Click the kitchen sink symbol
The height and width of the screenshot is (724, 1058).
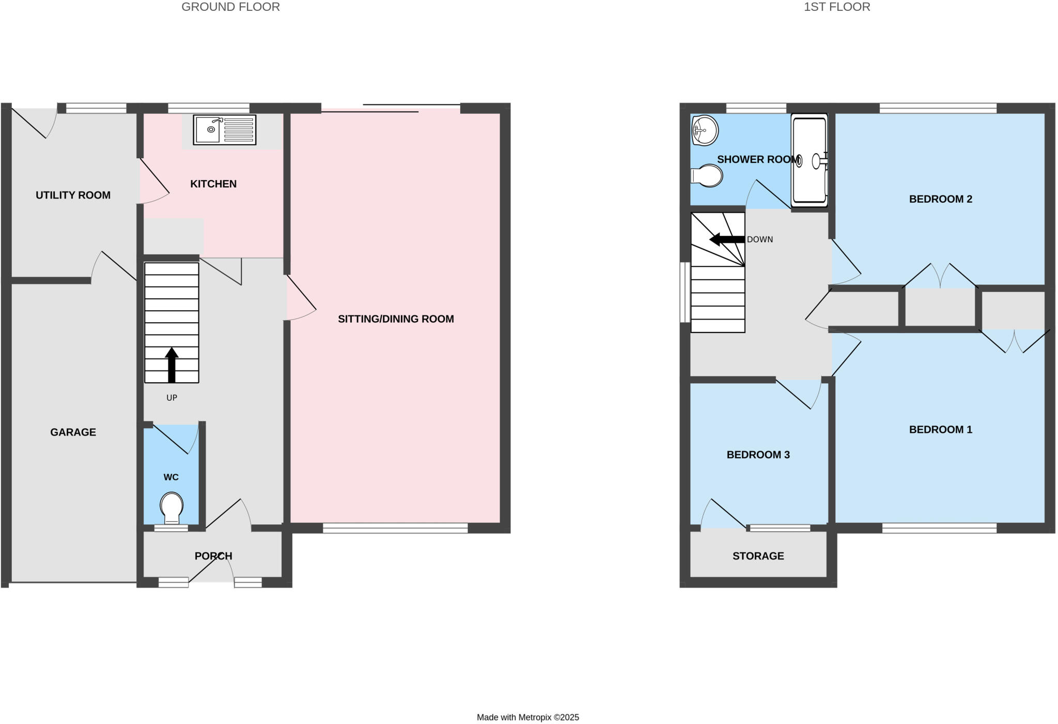(x=225, y=130)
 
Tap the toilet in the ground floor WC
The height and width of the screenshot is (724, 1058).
(x=172, y=507)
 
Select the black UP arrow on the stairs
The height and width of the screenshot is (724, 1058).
(x=172, y=365)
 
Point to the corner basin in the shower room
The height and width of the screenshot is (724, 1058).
(x=705, y=129)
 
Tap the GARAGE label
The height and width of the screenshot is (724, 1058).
(x=73, y=432)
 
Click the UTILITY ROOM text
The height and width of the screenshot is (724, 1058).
(x=73, y=195)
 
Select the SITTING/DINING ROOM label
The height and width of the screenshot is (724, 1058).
(x=396, y=319)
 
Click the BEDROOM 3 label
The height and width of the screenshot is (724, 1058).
(x=758, y=455)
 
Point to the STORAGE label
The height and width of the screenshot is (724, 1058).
(x=758, y=556)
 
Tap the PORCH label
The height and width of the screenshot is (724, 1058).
(x=213, y=556)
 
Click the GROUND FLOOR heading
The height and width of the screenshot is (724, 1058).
(x=230, y=7)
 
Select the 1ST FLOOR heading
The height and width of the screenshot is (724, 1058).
(x=837, y=7)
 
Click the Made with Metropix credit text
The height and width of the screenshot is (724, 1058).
(x=527, y=717)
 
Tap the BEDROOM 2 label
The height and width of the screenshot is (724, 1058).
(x=940, y=199)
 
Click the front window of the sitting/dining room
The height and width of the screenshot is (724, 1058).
(x=395, y=528)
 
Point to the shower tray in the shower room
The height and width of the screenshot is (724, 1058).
(x=810, y=160)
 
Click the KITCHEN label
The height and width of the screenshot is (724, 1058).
(x=213, y=184)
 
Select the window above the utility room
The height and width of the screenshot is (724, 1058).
(x=97, y=108)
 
